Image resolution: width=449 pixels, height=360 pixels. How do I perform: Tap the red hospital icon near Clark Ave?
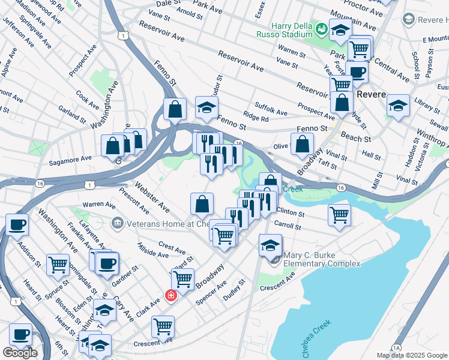(x=170, y=296)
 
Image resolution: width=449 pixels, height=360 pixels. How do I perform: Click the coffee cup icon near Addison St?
(x=17, y=225)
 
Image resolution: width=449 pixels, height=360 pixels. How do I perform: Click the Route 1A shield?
(x=396, y=347)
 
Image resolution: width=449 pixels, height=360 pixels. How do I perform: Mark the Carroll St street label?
(x=287, y=225)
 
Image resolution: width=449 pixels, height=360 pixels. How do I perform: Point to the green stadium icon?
(x=321, y=28)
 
